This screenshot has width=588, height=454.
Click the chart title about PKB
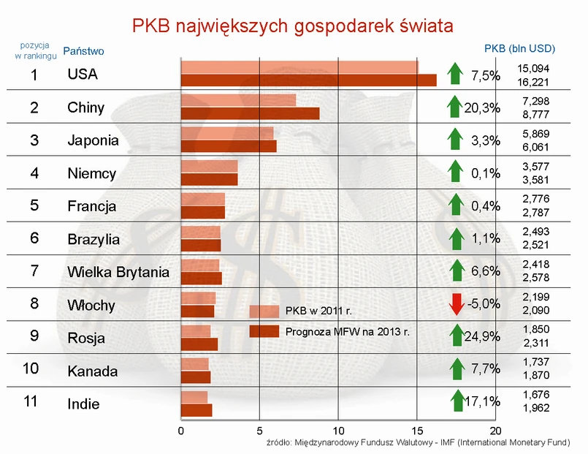[x=293, y=26]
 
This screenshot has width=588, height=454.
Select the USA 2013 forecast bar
[x=308, y=80]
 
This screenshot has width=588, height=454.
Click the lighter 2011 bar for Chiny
[x=238, y=100]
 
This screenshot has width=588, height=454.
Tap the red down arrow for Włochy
[x=457, y=303]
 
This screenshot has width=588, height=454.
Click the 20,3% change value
[x=482, y=108]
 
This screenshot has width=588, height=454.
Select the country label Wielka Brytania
[x=118, y=273]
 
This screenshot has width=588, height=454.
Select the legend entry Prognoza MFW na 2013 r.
[x=347, y=331]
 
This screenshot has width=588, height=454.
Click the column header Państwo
[x=84, y=51]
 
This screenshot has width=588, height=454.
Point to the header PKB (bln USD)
[x=520, y=48]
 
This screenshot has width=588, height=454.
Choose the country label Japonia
[x=92, y=140]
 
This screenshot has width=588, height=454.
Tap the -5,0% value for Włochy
[x=485, y=303]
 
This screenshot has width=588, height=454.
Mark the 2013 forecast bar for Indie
[x=196, y=410]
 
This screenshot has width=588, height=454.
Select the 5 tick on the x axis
[x=259, y=430]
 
